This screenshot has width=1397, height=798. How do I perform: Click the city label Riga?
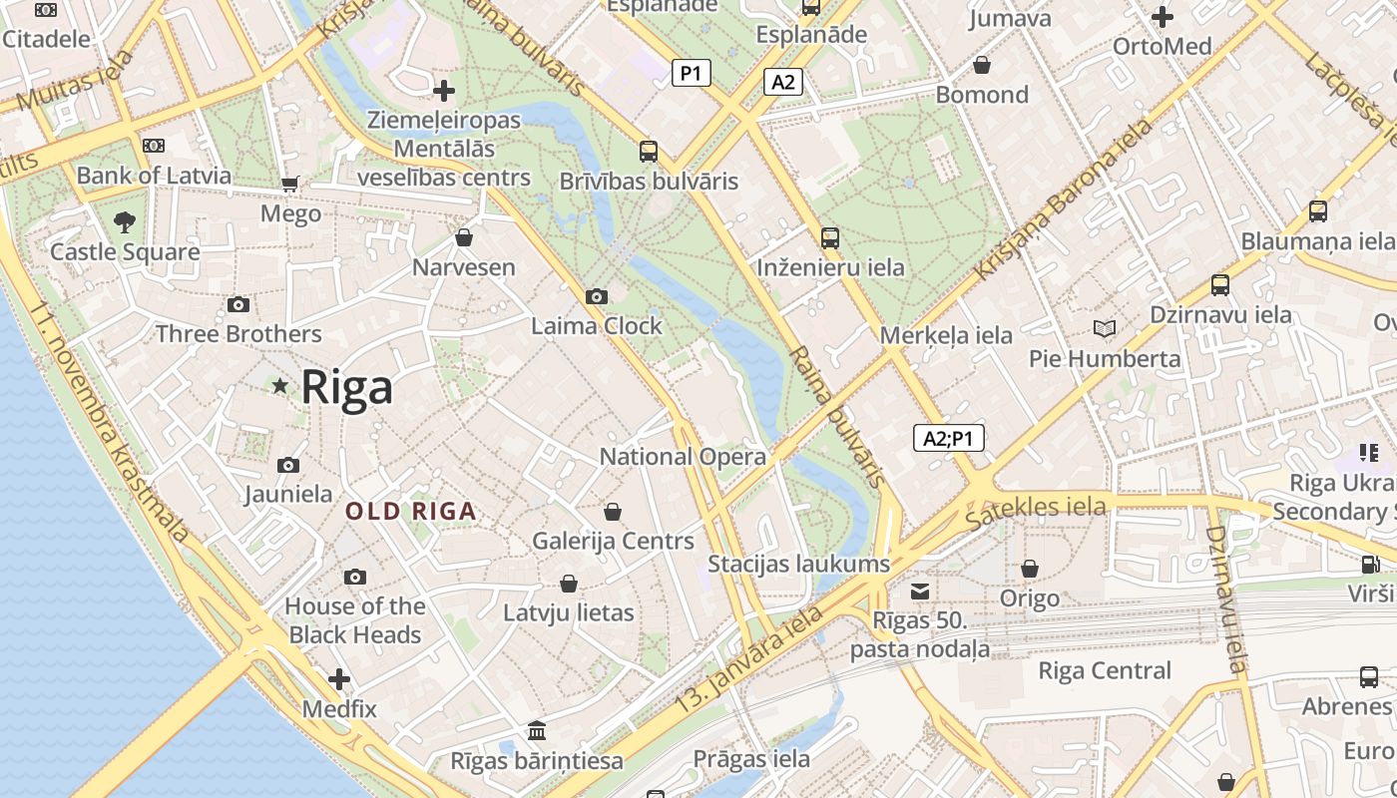tap(346, 386)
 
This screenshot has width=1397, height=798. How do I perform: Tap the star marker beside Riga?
tap(280, 385)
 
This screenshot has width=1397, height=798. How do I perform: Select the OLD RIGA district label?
tap(410, 512)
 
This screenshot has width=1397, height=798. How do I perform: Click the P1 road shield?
tap(691, 73)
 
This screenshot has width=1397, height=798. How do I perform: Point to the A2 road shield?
tap(783, 82)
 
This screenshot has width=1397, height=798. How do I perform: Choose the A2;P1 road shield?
tap(948, 438)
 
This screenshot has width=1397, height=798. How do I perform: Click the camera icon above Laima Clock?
tap(597, 296)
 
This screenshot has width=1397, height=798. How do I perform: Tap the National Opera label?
tap(683, 457)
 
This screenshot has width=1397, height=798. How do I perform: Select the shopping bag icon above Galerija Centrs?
tap(613, 512)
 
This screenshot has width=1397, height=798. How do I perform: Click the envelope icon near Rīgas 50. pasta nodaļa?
tap(920, 592)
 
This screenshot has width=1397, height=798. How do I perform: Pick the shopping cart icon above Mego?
tap(290, 184)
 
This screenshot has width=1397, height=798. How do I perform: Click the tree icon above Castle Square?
tap(125, 221)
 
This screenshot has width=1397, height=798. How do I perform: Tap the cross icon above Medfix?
tap(339, 679)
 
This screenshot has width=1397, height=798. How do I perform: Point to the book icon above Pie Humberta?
tap(1105, 328)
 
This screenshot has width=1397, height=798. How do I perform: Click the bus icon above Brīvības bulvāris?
tap(649, 152)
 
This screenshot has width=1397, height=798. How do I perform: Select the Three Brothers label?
tap(238, 334)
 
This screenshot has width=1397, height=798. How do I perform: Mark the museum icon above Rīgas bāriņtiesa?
tap(537, 730)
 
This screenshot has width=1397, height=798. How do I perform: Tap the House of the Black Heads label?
tap(354, 620)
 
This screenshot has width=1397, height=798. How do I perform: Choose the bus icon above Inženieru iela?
tap(830, 238)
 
